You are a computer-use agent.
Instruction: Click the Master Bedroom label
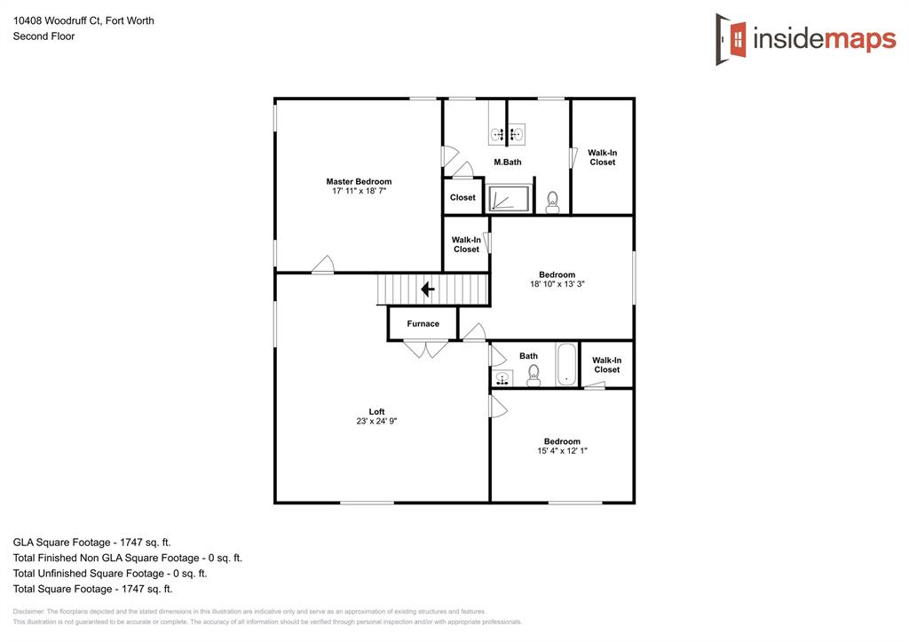[359, 182]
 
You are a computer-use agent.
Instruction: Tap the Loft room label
[376, 412]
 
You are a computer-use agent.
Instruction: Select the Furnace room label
[423, 324]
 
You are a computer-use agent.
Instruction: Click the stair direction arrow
[427, 289]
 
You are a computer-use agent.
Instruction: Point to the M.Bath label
[508, 162]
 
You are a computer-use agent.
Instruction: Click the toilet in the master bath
[552, 202]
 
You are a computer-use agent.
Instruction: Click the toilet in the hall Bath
[534, 376]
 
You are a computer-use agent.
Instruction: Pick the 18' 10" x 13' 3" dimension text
[557, 285]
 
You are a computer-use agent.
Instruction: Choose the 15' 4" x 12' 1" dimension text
[562, 451]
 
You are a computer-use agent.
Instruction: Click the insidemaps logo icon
[731, 39]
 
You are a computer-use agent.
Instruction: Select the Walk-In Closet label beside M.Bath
[602, 157]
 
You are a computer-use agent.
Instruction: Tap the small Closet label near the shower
[462, 198]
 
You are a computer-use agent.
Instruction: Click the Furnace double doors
[426, 349]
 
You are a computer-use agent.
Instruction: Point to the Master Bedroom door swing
[323, 265]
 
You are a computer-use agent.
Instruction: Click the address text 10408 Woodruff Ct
[83, 20]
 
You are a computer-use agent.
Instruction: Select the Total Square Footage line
[92, 589]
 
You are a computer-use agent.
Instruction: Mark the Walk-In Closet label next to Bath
[606, 365]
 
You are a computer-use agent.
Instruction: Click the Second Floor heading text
[43, 36]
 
